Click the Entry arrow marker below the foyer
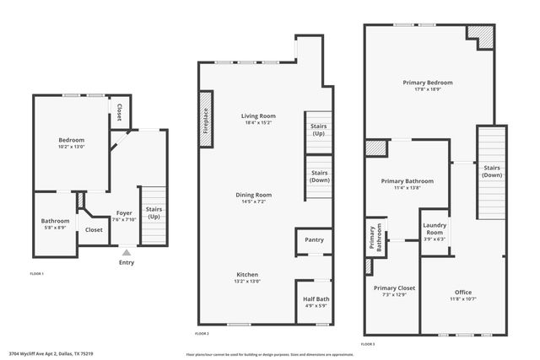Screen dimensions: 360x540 (127, 251)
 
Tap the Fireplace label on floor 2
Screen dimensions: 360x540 (204, 117)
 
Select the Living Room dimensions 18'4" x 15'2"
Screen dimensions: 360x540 (258, 123)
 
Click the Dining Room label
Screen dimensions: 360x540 (253, 195)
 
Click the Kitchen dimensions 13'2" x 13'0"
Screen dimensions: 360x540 (247, 281)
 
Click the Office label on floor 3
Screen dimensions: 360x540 (462, 292)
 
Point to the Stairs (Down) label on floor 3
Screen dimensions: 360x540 (492, 171)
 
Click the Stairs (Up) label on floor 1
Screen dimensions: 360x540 (154, 212)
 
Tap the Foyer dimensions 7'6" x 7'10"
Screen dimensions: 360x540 (124, 221)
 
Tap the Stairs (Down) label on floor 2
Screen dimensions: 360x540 (318, 176)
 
